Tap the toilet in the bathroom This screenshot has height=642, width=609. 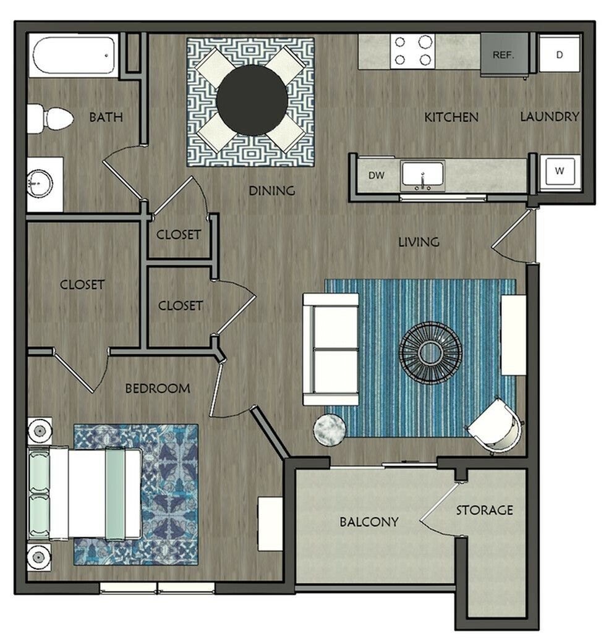click(50, 119)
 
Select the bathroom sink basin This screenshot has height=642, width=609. click(40, 184)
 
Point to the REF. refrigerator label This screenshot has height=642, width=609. click(503, 55)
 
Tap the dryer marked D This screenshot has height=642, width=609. click(560, 54)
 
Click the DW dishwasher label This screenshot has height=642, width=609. click(377, 175)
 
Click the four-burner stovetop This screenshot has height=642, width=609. click(413, 51)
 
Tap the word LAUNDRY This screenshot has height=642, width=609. click(550, 117)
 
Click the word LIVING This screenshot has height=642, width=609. click(419, 242)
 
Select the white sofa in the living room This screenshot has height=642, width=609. click(331, 349)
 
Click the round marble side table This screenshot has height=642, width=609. click(330, 429)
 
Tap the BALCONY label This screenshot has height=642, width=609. click(369, 522)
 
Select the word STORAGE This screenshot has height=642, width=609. click(485, 510)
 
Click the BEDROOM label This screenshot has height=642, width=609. click(158, 388)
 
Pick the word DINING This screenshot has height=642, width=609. click(272, 190)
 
